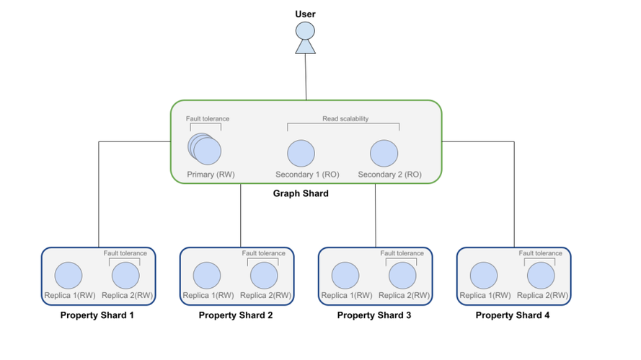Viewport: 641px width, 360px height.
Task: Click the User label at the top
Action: [x=305, y=14]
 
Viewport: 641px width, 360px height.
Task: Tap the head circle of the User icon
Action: [x=306, y=31]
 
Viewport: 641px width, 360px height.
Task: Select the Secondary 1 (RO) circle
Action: [x=301, y=154]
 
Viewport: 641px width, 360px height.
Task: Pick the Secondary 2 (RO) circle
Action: [x=384, y=154]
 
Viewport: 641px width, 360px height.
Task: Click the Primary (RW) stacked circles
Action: [x=206, y=151]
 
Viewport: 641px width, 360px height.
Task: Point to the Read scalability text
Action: [x=345, y=118]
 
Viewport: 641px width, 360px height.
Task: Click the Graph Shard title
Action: [x=301, y=193]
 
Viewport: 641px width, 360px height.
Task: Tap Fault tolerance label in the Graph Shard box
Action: [x=208, y=118]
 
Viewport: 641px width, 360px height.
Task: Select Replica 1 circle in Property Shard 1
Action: [x=68, y=276]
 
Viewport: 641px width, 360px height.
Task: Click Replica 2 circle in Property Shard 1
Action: [x=125, y=276]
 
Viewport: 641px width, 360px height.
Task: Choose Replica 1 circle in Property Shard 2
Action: [x=207, y=276]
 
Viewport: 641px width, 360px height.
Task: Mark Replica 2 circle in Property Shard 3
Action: [x=402, y=276]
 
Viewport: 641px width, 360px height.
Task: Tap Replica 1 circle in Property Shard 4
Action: [x=484, y=276]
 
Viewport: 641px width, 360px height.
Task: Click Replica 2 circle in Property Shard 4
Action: [x=541, y=276]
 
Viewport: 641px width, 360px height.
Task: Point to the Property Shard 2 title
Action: [x=236, y=315]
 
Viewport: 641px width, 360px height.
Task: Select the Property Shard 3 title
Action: [x=374, y=315]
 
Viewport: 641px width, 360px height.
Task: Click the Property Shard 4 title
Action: [x=513, y=315]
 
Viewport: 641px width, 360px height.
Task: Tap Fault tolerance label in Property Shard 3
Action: [x=402, y=253]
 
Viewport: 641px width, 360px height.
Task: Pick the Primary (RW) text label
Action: [x=211, y=175]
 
